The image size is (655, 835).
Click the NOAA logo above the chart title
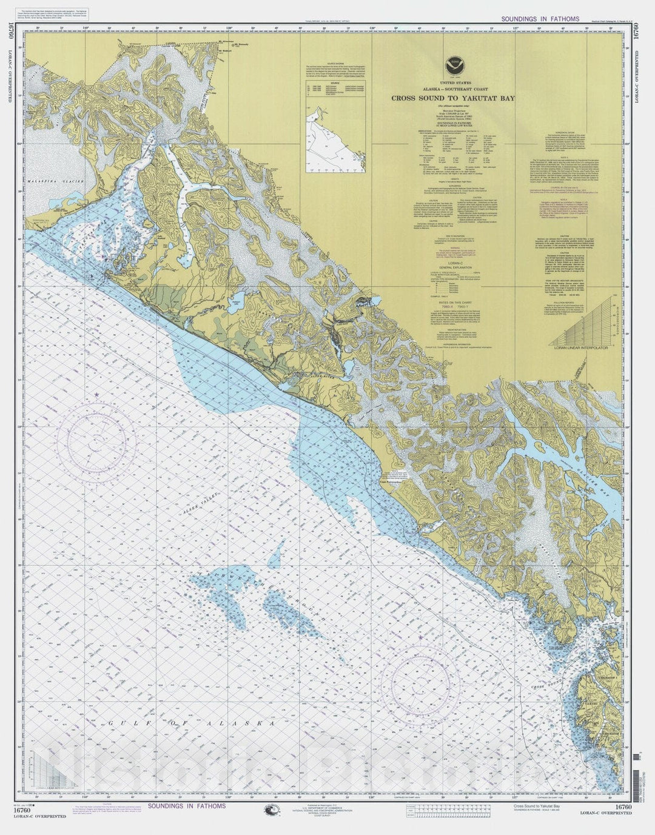(451, 62)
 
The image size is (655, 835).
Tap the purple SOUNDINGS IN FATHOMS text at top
(540, 19)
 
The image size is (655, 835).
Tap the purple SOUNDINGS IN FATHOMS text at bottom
(186, 806)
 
